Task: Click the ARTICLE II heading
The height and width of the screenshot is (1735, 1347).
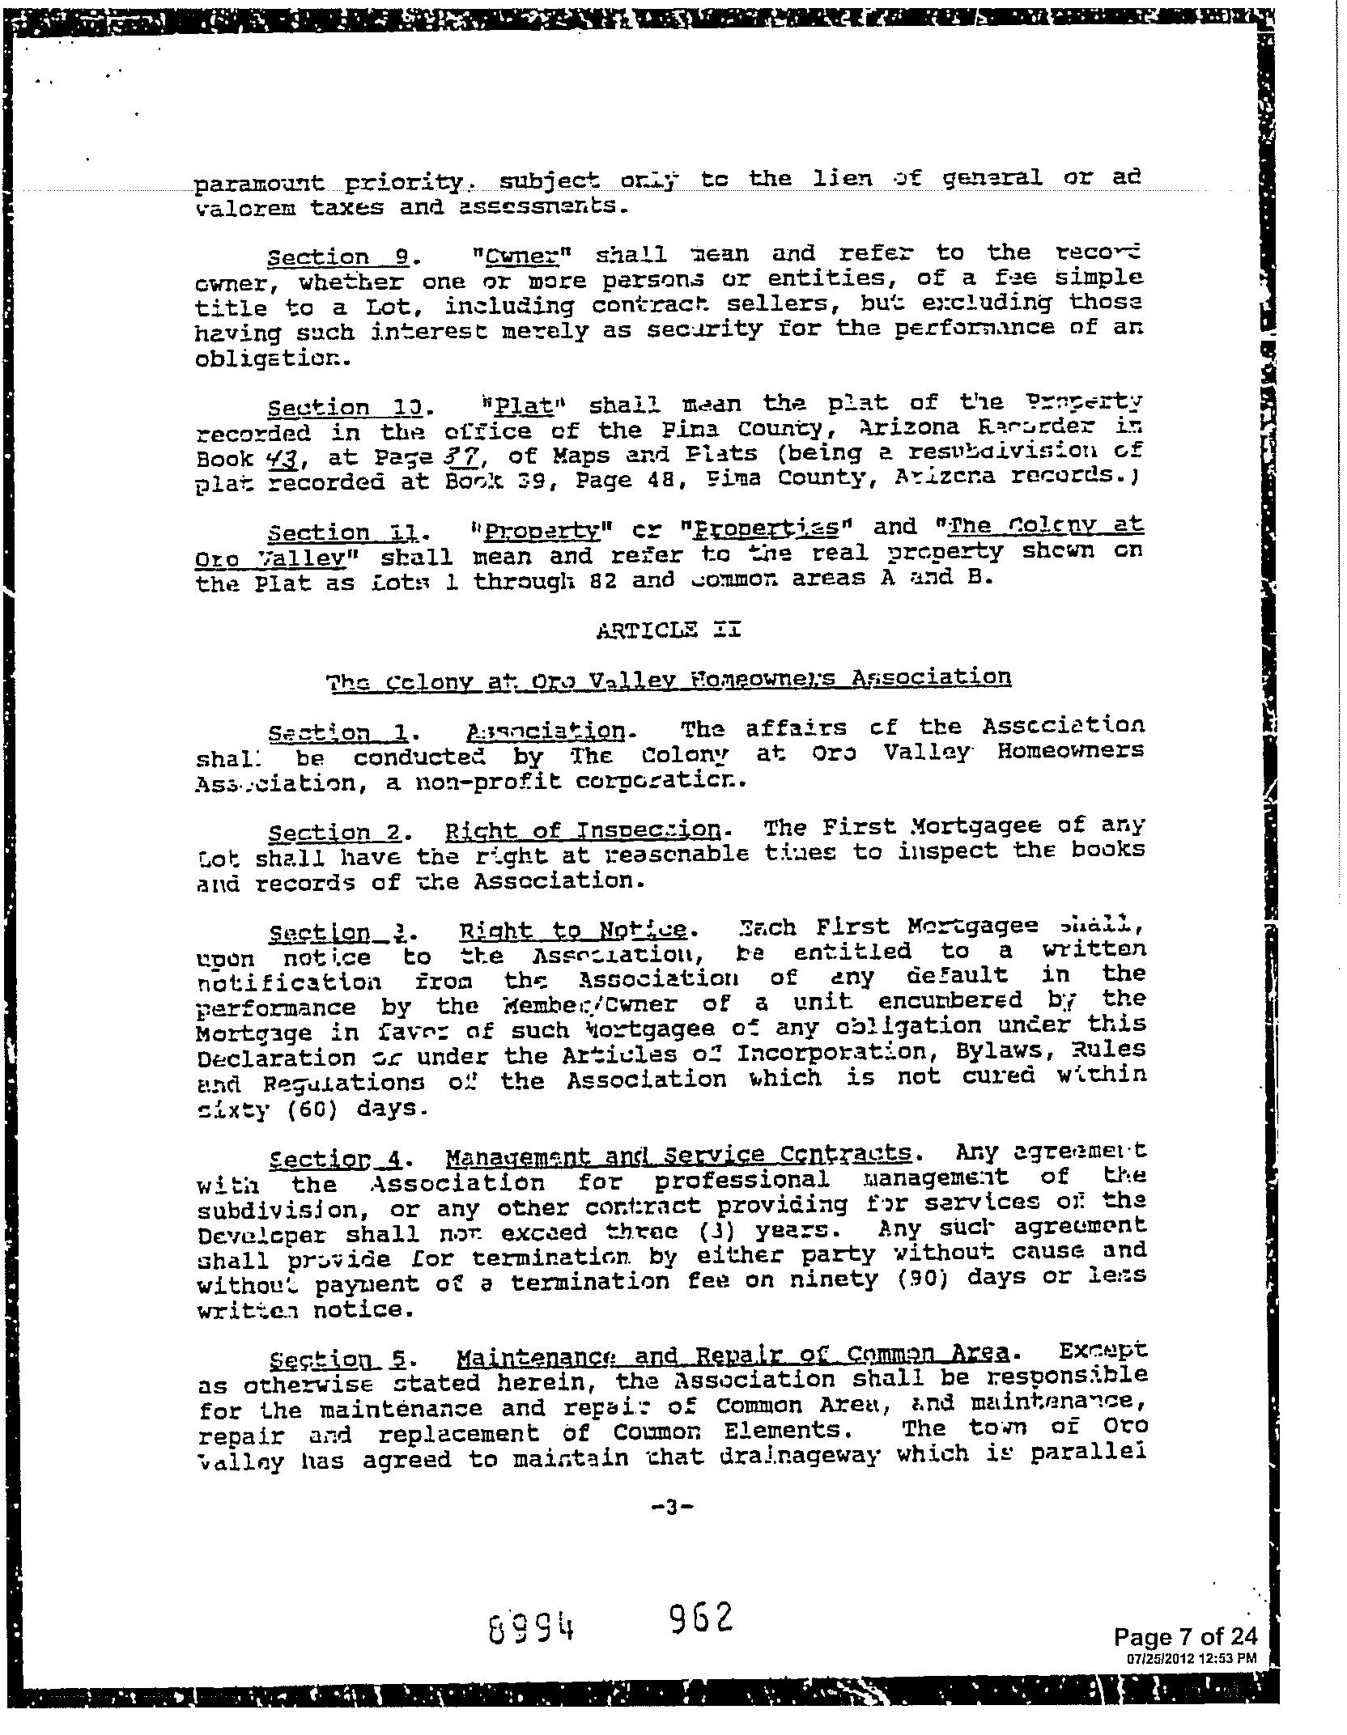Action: click(x=668, y=630)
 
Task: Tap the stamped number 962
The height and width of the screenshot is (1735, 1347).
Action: click(x=702, y=1618)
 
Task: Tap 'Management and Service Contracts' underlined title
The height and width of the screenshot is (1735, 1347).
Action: click(x=678, y=1155)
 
